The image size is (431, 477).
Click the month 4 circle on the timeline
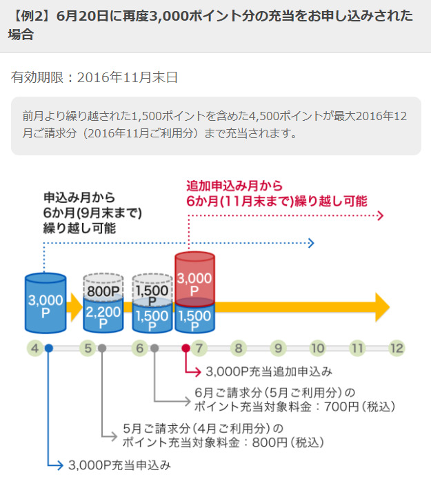35,348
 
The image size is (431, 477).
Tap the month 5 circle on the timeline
87,348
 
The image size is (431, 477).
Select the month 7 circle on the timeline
199,348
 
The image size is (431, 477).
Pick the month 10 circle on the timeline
317,348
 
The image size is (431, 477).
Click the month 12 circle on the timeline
396,348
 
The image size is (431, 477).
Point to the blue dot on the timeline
48,348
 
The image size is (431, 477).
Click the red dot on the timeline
185,348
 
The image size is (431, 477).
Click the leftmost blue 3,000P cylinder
46,304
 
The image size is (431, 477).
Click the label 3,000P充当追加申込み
270,371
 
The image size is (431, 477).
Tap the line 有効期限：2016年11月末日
94,77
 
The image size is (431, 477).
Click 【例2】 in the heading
29,15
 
